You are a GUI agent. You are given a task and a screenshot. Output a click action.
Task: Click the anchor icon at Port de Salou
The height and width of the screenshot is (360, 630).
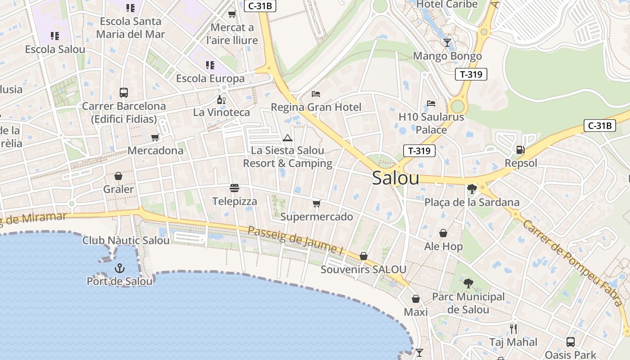coord(119,269)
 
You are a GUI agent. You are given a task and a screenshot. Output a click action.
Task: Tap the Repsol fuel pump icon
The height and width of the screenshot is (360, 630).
coord(520,150)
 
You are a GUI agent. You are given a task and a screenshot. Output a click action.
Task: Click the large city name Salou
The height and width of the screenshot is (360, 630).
coord(396,178)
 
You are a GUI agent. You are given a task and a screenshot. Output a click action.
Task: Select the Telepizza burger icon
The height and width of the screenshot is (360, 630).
coord(234,188)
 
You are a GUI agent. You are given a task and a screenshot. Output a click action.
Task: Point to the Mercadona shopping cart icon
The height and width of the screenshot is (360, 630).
coord(155,137)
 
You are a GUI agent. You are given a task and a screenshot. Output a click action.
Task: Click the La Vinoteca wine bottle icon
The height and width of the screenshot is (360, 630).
coord(221,99)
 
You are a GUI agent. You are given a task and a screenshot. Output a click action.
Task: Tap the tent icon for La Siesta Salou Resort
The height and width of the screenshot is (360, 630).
coord(288,138)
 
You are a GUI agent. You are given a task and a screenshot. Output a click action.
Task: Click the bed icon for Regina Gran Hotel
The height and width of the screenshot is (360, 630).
coord(316,94)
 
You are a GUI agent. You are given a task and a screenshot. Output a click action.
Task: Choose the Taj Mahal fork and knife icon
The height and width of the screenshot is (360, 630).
coord(513,329)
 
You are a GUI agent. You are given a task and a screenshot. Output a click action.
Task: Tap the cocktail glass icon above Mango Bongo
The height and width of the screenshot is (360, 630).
coord(447,43)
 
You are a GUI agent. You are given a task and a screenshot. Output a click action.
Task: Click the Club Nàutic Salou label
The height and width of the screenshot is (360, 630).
coord(126,240)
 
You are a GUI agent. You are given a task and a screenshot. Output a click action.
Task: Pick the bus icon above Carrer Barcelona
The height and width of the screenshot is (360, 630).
coord(123,93)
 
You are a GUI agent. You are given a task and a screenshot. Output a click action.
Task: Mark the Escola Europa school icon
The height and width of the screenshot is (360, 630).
coord(210,65)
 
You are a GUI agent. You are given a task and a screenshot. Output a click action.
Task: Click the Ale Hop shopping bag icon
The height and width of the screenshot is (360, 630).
coord(443,233)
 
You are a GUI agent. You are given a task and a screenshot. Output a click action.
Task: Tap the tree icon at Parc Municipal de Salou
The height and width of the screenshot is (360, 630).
coord(468,283)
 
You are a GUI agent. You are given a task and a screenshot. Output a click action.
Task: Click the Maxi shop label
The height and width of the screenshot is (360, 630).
coord(415,312)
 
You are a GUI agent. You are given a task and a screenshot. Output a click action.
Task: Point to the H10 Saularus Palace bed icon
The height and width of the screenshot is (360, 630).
coord(431,103)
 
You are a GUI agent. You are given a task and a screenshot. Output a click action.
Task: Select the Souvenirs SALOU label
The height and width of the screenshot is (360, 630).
coord(363,270)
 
